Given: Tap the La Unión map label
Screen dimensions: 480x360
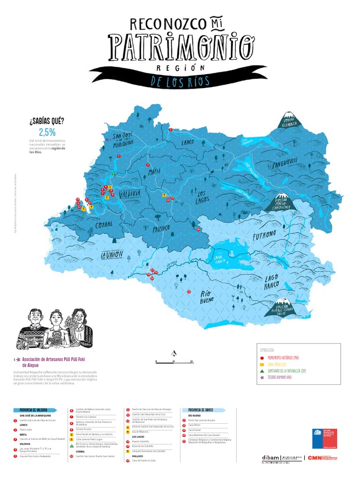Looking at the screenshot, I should pos(112,254).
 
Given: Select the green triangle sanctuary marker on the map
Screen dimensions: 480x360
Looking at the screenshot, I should pos(113,174).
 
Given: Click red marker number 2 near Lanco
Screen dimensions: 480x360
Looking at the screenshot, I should pos(171,129).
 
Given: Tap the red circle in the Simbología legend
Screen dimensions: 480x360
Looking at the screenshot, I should pos(262,358).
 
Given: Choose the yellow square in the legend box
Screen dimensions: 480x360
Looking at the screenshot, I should pos(262,364).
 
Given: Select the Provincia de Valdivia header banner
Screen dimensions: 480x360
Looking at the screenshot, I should pos(33,410).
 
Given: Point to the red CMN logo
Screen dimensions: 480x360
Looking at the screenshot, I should pos(315,457).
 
